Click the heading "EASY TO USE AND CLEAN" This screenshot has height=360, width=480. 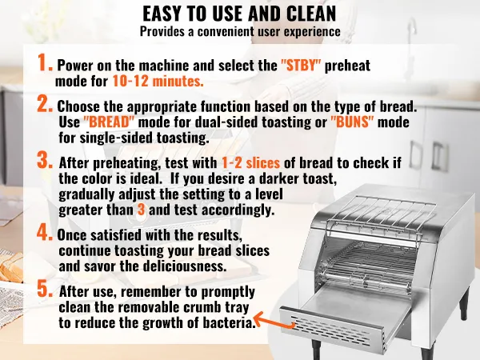pyautogui.click(x=239, y=14)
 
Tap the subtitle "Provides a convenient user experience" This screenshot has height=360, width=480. pyautogui.click(x=240, y=31)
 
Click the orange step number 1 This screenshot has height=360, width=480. pyautogui.click(x=45, y=62)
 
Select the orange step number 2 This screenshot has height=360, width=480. pyautogui.click(x=45, y=103)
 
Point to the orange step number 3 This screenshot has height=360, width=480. pyautogui.click(x=45, y=161)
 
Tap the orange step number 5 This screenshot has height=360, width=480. pyautogui.click(x=45, y=289)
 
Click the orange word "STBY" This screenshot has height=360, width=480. pyautogui.click(x=301, y=66)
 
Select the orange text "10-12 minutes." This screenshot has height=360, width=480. pyautogui.click(x=158, y=81)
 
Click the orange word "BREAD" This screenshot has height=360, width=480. pyautogui.click(x=109, y=122)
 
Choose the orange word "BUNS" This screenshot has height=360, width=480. pyautogui.click(x=352, y=122)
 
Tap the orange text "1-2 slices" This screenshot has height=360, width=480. pyautogui.click(x=250, y=163)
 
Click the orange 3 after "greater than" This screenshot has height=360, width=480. pyautogui.click(x=141, y=210)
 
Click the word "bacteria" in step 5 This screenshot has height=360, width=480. pyautogui.click(x=226, y=322)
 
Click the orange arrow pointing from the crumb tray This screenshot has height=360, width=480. pyautogui.click(x=274, y=321)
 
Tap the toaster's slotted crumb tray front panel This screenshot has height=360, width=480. pyautogui.click(x=331, y=329)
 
